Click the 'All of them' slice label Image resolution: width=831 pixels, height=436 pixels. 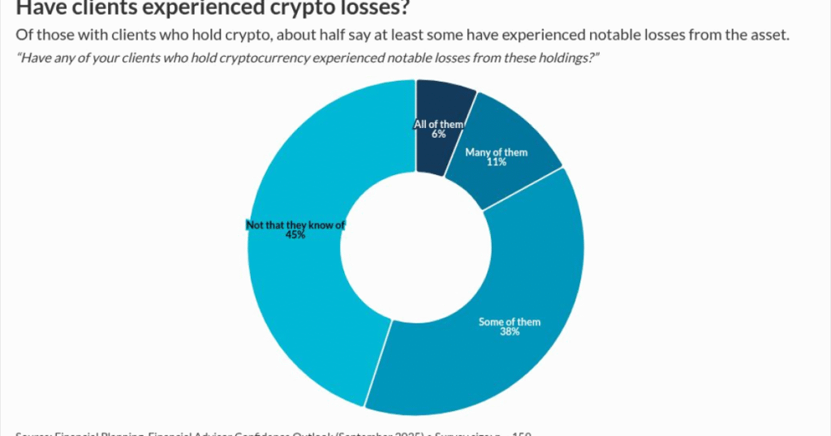[438, 124]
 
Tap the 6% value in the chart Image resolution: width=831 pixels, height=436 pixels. [438, 134]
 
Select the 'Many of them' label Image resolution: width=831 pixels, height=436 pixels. [496, 152]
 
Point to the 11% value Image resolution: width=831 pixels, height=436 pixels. [496, 162]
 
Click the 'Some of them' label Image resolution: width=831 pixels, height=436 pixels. [510, 322]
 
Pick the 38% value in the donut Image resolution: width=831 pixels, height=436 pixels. [510, 332]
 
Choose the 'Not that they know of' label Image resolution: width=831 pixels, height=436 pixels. [295, 224]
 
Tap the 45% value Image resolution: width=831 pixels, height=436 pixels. [295, 235]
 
